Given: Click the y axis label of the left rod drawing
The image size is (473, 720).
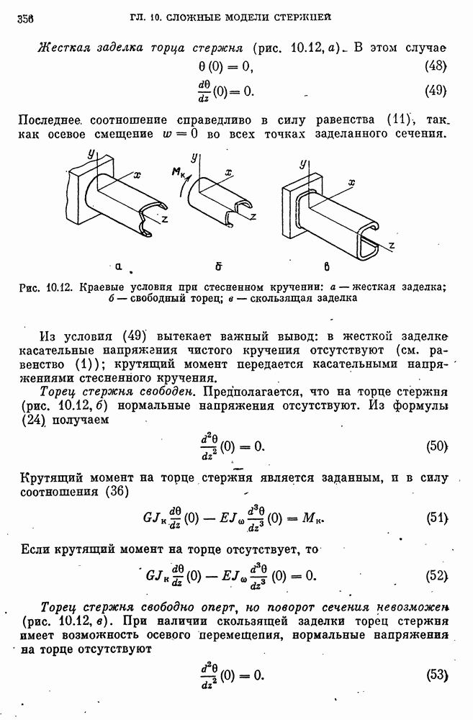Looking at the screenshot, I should tap(91, 154).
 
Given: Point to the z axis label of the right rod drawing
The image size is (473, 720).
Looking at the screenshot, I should tap(391, 246).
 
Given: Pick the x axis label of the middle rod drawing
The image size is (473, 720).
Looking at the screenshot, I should tap(228, 171).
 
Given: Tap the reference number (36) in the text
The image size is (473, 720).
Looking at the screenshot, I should tap(114, 492).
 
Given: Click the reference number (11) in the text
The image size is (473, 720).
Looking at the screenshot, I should tap(394, 119).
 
